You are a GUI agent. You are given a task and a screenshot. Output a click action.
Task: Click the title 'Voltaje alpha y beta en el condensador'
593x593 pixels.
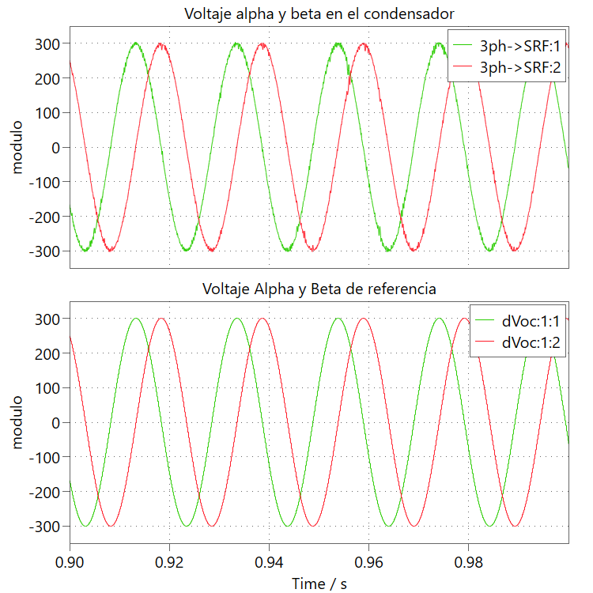[x=319, y=13]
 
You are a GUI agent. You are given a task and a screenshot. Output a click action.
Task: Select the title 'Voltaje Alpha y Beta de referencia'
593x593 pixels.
[x=319, y=289]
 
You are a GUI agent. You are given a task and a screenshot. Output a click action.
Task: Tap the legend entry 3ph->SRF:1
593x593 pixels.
[x=520, y=46]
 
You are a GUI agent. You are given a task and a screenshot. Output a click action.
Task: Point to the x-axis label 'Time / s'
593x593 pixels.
[x=319, y=584]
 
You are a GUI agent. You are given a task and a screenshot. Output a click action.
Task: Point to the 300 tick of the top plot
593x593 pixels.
[x=47, y=43]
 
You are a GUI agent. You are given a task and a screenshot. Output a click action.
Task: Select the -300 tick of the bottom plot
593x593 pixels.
[x=44, y=527]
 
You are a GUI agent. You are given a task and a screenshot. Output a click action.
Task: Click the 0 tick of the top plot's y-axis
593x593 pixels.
[x=55, y=147]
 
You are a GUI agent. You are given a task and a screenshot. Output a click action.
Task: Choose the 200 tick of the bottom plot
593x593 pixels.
[x=47, y=353]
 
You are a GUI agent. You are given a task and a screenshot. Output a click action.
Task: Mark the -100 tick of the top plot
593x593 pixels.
[x=44, y=182]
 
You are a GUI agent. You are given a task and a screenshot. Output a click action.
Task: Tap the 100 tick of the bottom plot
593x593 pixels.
[x=47, y=387]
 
